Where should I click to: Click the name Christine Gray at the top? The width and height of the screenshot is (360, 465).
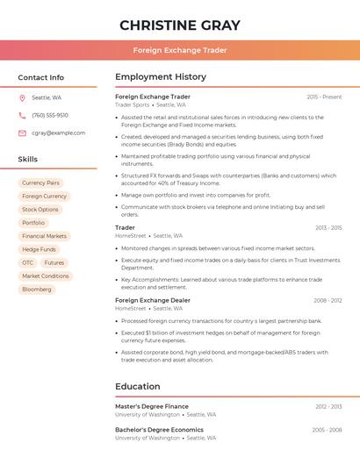coord(180,25)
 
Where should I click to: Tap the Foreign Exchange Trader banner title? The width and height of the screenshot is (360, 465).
coord(180,50)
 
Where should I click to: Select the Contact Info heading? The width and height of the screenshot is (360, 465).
coord(40,77)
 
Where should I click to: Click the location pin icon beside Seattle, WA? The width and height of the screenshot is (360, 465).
coord(22,97)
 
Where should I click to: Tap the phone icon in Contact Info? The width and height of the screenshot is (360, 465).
coord(22,115)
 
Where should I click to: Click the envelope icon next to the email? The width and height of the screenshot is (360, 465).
coord(22,132)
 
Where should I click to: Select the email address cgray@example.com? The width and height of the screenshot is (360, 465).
coord(59,132)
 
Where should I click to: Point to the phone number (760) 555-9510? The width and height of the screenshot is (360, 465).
coord(50,115)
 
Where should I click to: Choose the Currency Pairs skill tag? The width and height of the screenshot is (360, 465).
coord(40,182)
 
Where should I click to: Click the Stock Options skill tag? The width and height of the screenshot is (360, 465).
coord(40,210)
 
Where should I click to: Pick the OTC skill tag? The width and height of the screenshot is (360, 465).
coord(28,262)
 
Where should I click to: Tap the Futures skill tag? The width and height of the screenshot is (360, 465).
coord(54,262)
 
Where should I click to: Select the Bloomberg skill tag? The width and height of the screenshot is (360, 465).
coord(37,289)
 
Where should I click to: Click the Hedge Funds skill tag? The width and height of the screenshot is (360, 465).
coord(39,249)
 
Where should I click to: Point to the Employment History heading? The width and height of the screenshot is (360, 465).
coord(161,77)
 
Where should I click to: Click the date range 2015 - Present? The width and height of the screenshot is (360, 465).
coord(324,97)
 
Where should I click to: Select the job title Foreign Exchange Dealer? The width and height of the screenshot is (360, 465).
coord(153,300)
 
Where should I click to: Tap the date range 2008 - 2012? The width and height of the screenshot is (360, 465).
coord(328,300)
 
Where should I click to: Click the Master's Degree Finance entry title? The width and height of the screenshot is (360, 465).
coord(152,406)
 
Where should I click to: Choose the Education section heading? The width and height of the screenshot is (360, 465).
coord(138,386)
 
